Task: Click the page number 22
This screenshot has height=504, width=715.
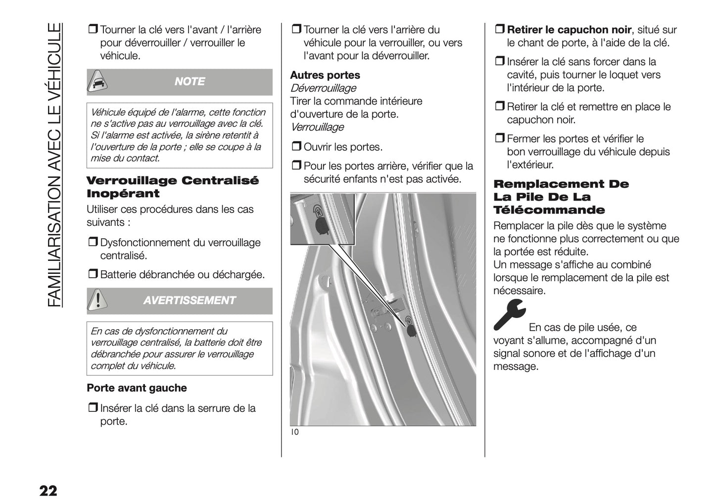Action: pos(48,491)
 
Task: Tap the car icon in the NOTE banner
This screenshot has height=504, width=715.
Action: pos(99,82)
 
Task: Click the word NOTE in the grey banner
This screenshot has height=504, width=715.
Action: pos(190,82)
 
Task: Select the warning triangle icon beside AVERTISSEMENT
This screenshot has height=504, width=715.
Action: pos(99,301)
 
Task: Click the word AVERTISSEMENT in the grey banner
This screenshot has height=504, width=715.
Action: pos(190,301)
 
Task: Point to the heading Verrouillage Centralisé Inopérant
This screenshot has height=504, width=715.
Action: pos(172,187)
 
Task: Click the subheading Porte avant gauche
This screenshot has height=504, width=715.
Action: pos(137,388)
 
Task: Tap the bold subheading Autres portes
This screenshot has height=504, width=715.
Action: pos(325,75)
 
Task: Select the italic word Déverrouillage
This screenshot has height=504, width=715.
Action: pos(323,88)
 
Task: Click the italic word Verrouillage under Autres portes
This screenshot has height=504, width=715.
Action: pos(317,127)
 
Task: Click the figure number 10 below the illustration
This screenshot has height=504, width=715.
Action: pos(295,432)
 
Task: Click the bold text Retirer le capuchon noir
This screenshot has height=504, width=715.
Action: pos(569,30)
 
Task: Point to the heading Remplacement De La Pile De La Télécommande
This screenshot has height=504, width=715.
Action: pos(561,197)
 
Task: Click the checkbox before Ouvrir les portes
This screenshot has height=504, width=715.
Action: pos(296,147)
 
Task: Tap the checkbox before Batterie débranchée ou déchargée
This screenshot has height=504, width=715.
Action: pos(93,274)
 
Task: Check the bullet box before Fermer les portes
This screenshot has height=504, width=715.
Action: pos(499,139)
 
